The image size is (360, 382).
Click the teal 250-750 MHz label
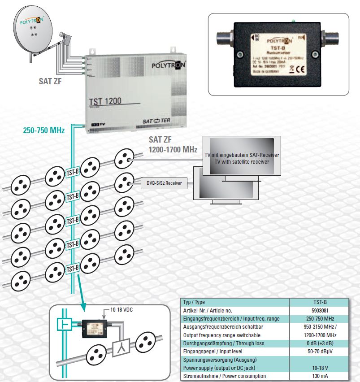(43, 130)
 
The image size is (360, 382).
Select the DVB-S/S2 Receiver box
(165, 183)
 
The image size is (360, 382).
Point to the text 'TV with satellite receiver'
(242, 161)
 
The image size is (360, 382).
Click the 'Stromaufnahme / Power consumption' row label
(224, 376)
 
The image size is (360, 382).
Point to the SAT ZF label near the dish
(50, 82)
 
